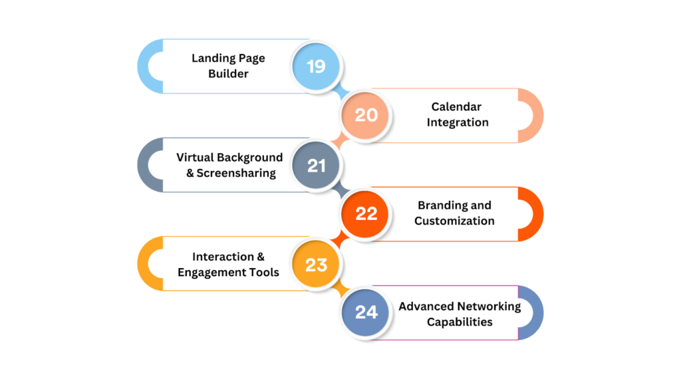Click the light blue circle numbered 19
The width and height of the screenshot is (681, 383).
[x=317, y=66]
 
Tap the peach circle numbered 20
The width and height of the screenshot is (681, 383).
[x=366, y=115]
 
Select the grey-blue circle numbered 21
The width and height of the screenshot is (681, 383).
[x=317, y=165]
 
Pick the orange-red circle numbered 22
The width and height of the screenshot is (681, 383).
[x=366, y=213]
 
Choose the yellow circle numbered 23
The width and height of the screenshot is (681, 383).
[x=317, y=264]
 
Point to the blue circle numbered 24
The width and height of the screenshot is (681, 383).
[x=366, y=313]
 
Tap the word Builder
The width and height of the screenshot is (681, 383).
[x=228, y=74]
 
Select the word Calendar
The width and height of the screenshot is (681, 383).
[x=456, y=106]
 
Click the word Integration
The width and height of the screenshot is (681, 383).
[x=458, y=122]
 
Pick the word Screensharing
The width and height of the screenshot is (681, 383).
[x=236, y=174]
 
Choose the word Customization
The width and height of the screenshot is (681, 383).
[x=454, y=221]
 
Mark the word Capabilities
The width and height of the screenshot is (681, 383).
[x=460, y=322]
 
